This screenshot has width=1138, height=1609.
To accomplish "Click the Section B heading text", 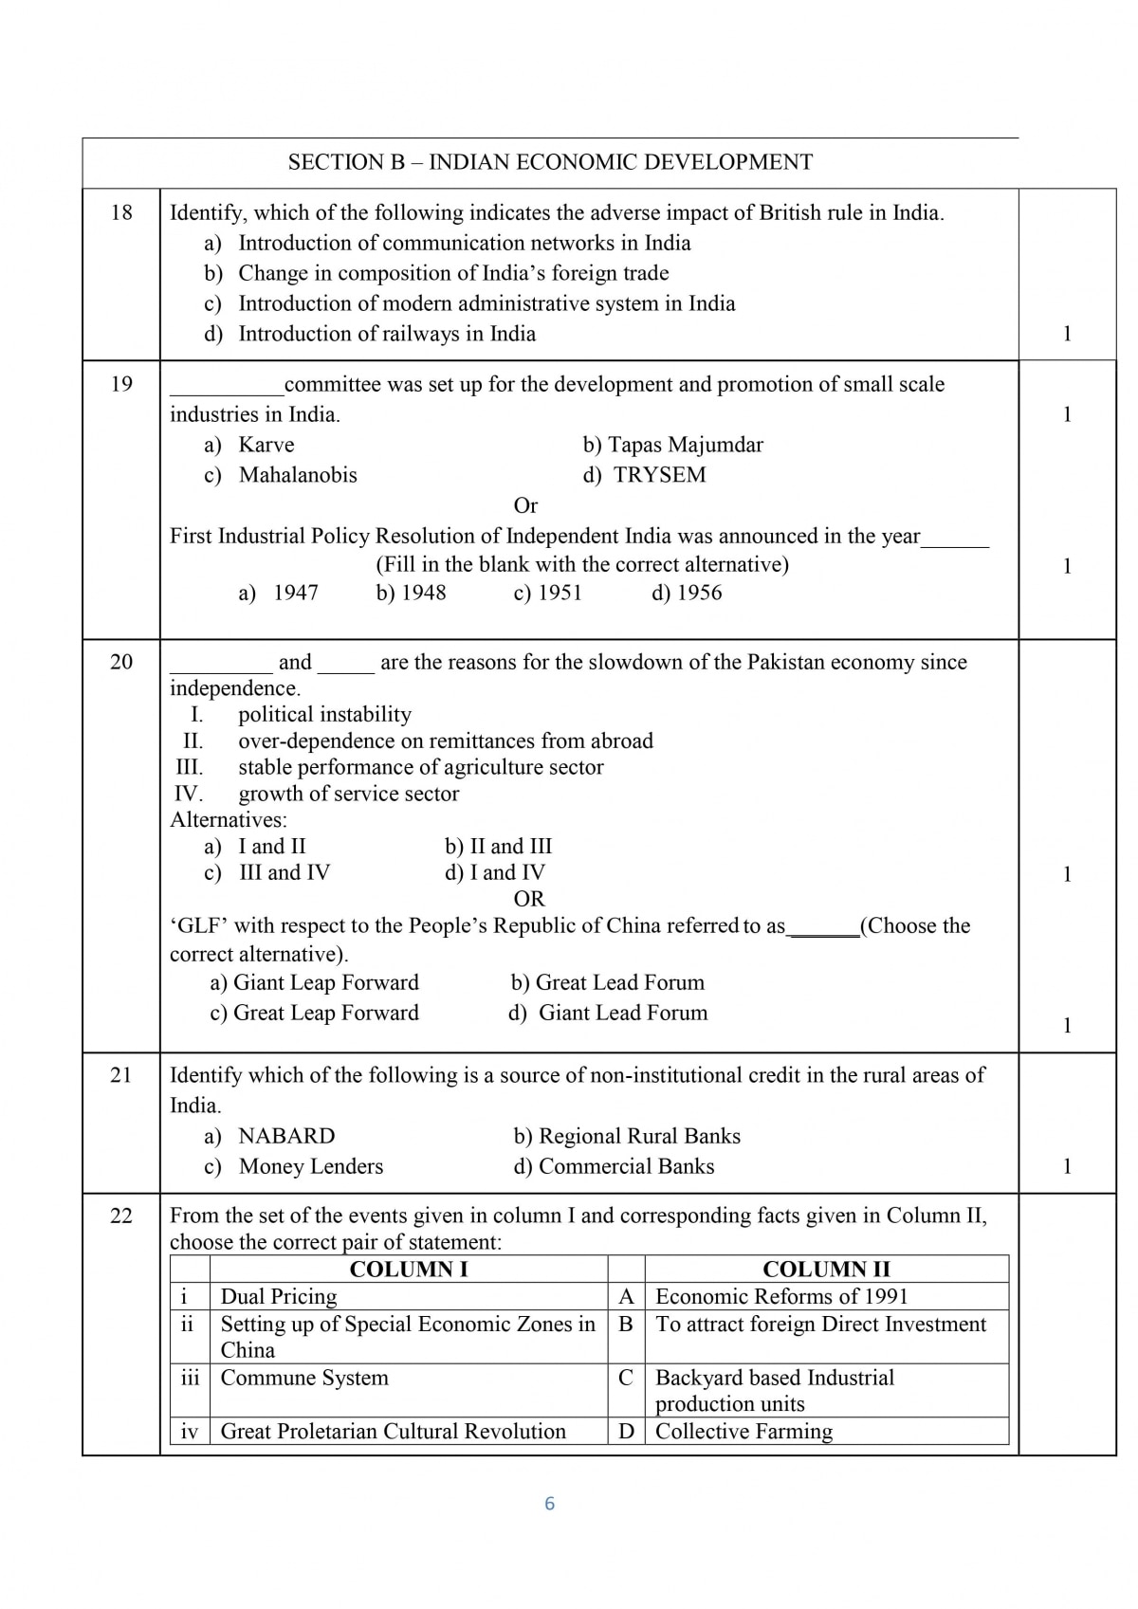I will point(550,162).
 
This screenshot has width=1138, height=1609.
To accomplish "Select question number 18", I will point(121,211).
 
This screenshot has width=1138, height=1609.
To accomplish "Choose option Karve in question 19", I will point(266,445).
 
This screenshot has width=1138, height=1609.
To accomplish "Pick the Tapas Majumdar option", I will point(673,445).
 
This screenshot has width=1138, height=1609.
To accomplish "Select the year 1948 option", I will point(412,594).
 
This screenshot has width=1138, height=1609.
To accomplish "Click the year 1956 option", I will point(687,594).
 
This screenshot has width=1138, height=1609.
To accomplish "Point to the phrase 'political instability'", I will point(324,715).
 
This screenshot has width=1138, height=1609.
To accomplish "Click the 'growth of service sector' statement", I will point(348,795).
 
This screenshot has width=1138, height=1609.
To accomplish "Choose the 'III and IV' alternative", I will point(284,872).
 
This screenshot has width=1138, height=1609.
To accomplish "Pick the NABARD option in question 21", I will point(286,1136).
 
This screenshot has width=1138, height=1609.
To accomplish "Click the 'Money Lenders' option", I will point(310,1166).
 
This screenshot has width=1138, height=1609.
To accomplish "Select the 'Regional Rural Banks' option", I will point(627,1136).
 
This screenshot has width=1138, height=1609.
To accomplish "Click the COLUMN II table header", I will point(826,1270).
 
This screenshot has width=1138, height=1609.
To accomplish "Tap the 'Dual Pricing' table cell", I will point(279,1297).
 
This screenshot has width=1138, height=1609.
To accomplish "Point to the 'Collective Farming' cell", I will point(743,1432).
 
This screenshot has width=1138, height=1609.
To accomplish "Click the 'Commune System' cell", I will point(304,1379).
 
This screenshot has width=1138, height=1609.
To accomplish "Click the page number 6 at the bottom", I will point(549,1504).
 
